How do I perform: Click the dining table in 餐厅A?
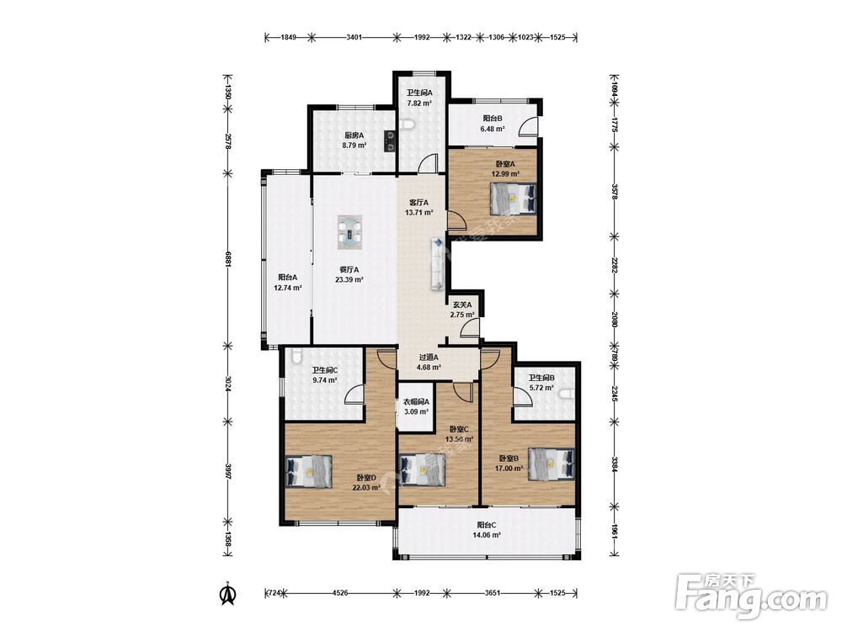349,232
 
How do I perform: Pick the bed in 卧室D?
309,471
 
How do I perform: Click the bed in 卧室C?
423,469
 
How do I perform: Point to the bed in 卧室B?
551,463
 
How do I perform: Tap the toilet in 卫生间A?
408,125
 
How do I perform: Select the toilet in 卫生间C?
295,356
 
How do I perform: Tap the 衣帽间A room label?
416,402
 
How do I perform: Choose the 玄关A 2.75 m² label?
461,310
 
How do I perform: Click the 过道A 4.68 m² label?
429,362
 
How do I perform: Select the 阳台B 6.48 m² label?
493,124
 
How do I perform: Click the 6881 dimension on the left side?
228,259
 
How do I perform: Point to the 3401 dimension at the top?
354,38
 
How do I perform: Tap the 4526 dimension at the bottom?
340,593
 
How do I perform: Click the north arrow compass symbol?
228,593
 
